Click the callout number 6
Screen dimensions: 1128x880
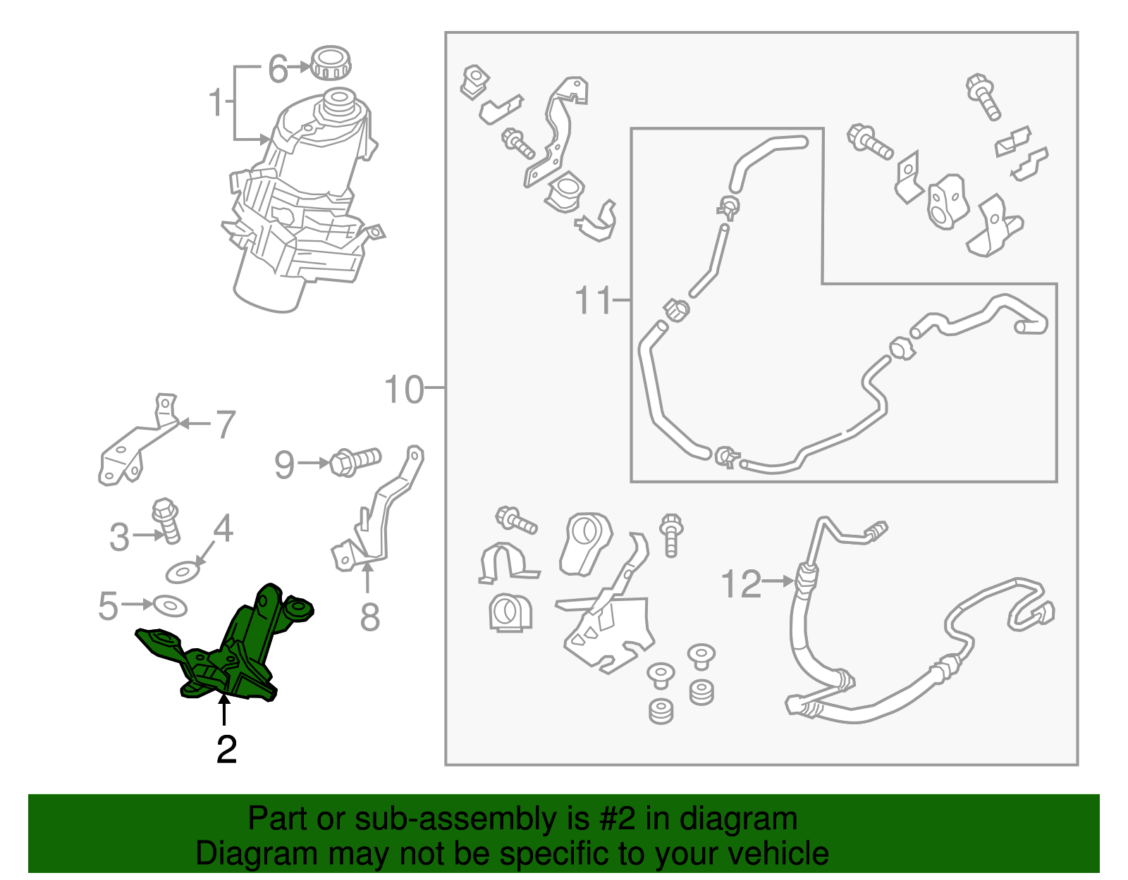pyautogui.click(x=278, y=69)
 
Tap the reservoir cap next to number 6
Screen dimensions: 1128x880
pyautogui.click(x=331, y=63)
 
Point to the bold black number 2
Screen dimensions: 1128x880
pyautogui.click(x=226, y=750)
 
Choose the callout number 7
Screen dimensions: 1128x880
pyautogui.click(x=226, y=425)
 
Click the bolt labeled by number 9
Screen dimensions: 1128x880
pyautogui.click(x=355, y=461)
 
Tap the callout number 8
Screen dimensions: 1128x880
pyautogui.click(x=369, y=618)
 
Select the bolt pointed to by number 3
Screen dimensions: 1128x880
pyautogui.click(x=166, y=521)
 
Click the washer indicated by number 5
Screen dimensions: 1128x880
pyautogui.click(x=170, y=605)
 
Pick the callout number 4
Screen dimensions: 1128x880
pyautogui.click(x=223, y=528)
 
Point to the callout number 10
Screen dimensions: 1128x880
pyautogui.click(x=404, y=390)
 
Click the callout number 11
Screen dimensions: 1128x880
pyautogui.click(x=594, y=299)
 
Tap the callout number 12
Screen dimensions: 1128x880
pyautogui.click(x=741, y=584)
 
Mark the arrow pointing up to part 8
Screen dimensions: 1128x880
pyautogui.click(x=367, y=577)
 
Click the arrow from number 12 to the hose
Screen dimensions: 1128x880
pyautogui.click(x=779, y=581)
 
